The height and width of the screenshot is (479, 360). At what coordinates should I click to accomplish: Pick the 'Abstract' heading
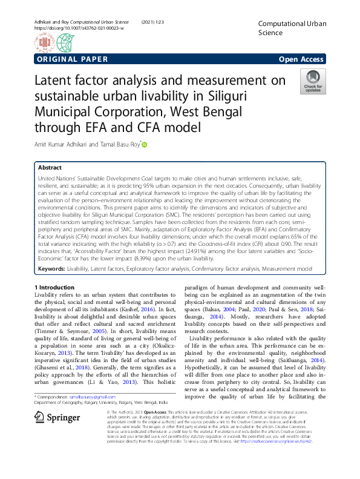[50, 168]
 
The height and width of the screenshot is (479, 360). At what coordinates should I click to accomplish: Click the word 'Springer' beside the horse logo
[67, 418]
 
